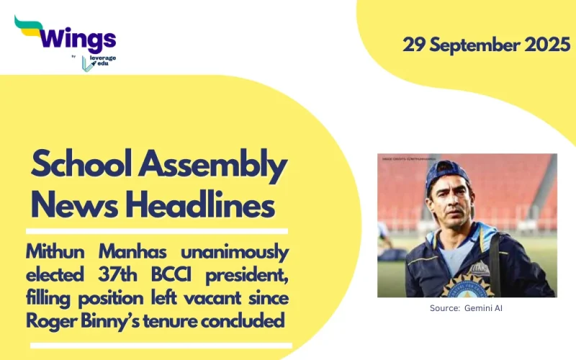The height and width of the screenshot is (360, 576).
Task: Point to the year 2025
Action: click(x=546, y=44)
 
